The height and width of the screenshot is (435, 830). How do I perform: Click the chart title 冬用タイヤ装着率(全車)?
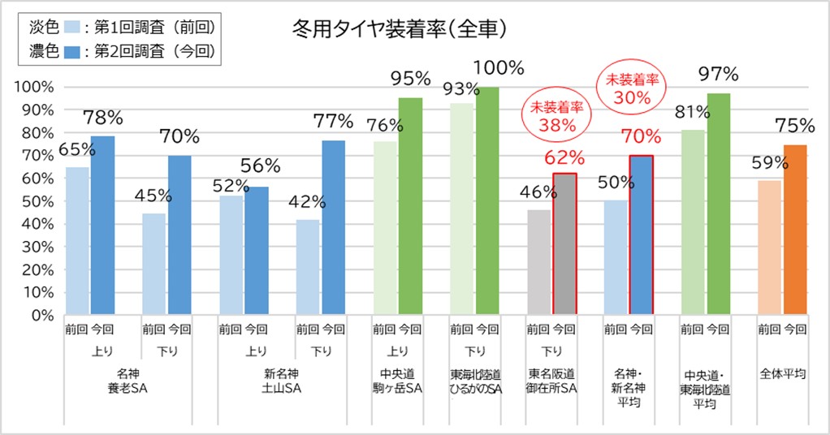click(x=400, y=30)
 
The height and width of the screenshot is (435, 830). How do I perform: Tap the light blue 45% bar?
click(x=153, y=264)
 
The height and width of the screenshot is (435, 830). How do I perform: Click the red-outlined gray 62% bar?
click(x=564, y=243)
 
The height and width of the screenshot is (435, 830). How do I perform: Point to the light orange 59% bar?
click(x=769, y=248)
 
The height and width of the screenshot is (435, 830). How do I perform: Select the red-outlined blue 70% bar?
click(x=642, y=235)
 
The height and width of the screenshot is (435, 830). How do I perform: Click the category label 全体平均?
click(x=782, y=374)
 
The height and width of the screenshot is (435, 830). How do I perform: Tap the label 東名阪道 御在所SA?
click(x=552, y=381)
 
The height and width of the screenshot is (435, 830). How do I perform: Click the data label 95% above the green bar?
click(x=410, y=79)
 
